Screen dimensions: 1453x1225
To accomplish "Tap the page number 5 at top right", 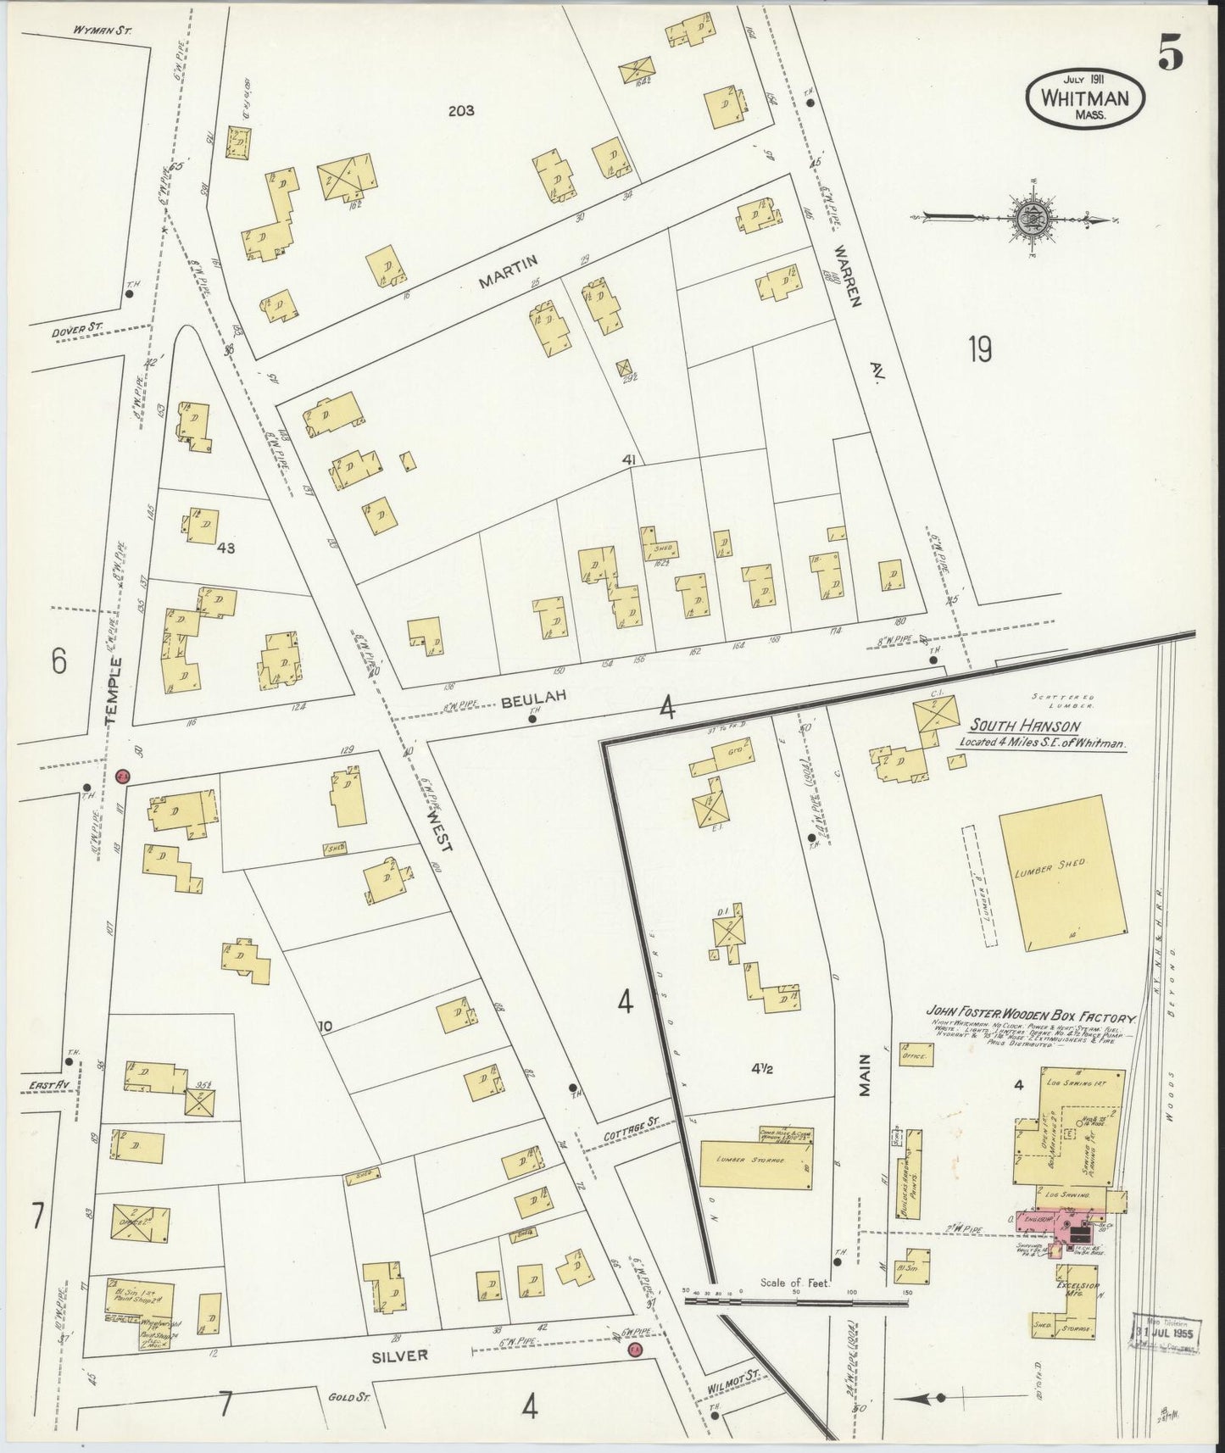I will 1172,56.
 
